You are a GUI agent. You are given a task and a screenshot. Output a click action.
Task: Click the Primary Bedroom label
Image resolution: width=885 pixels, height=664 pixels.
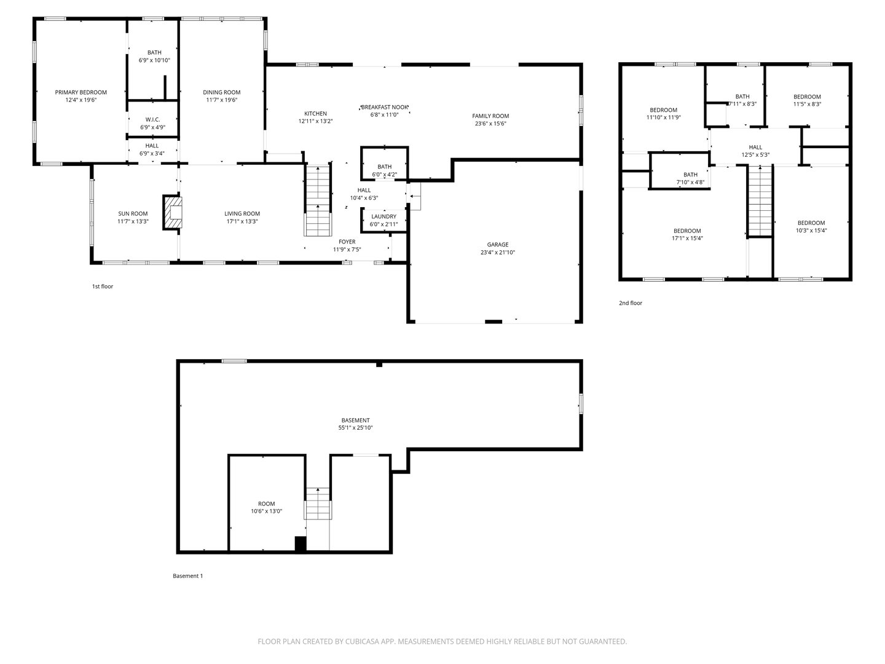coord(81,92)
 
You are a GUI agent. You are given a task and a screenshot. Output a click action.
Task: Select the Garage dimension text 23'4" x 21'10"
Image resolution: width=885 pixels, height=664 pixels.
coord(498,252)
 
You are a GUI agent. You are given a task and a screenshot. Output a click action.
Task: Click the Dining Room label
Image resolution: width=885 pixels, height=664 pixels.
coord(222,92)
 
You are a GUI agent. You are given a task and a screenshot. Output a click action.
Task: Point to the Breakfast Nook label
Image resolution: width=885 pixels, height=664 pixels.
coord(385,107)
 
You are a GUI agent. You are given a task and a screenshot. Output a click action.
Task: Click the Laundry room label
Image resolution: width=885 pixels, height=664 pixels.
coord(383,216)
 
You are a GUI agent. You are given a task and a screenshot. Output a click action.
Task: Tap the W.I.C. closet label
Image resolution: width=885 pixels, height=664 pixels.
coord(152,119)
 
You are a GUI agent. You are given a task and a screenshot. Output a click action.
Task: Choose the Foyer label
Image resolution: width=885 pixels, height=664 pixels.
coord(347,242)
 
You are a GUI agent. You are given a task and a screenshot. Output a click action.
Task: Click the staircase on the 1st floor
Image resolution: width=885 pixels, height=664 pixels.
coord(318,200)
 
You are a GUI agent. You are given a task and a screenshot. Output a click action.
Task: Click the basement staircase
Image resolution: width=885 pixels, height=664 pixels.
coord(318,504)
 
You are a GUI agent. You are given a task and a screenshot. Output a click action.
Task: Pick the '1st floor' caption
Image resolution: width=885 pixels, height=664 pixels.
coord(103,287)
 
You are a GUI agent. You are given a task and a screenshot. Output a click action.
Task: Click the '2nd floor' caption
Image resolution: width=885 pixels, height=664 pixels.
coord(631,303)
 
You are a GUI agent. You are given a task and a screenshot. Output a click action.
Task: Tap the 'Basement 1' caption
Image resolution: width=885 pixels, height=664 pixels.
coord(187,576)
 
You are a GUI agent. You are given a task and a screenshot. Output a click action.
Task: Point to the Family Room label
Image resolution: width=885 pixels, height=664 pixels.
coord(490,116)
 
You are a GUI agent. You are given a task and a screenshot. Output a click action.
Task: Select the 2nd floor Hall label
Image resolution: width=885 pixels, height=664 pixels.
coord(755,147)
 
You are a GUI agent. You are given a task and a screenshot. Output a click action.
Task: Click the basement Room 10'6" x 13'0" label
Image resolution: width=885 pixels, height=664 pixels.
coord(266,504)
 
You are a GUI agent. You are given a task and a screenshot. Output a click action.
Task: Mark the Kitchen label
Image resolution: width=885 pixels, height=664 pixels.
coord(315,113)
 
